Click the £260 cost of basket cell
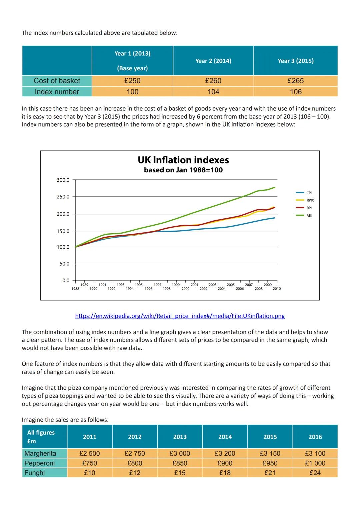tap(213, 81)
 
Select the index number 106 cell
tap(296, 92)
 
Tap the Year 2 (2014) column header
tap(213, 61)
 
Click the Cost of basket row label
tap(57, 81)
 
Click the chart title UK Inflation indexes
tap(183, 160)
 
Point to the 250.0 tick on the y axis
tap(63, 197)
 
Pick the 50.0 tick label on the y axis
tap(64, 264)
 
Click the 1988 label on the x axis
tap(75, 289)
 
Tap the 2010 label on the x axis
tap(277, 289)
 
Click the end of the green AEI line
tap(275, 187)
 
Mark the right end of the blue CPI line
tap(275, 218)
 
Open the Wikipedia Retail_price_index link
tap(180, 316)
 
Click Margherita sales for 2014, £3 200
tap(225, 453)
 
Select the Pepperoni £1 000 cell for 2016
tap(315, 463)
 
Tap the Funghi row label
tap(35, 473)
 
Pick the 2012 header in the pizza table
tap(135, 437)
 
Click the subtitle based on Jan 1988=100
tap(183, 170)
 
